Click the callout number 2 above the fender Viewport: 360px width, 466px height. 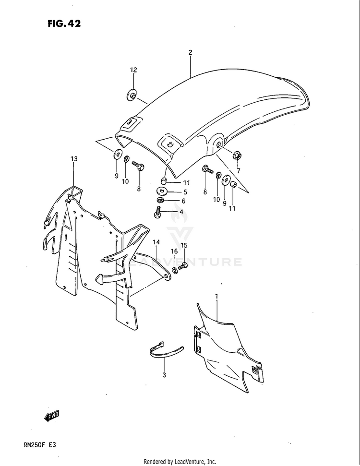(x=191, y=53)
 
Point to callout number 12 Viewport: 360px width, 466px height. (x=133, y=70)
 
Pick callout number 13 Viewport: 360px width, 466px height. (x=73, y=158)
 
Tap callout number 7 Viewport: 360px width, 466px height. (x=238, y=171)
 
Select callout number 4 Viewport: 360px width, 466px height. (x=181, y=212)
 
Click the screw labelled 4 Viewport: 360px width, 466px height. (x=157, y=212)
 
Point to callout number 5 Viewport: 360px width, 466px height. (x=184, y=192)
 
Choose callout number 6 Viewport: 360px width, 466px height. (x=183, y=202)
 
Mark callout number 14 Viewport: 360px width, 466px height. (x=156, y=242)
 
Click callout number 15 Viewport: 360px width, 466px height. (x=184, y=245)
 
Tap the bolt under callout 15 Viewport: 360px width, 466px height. (x=182, y=266)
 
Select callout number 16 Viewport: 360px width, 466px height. (x=174, y=251)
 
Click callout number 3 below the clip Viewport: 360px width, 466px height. (x=164, y=375)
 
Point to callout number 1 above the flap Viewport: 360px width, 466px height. (x=216, y=297)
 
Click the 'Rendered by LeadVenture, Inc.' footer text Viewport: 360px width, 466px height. (x=180, y=462)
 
